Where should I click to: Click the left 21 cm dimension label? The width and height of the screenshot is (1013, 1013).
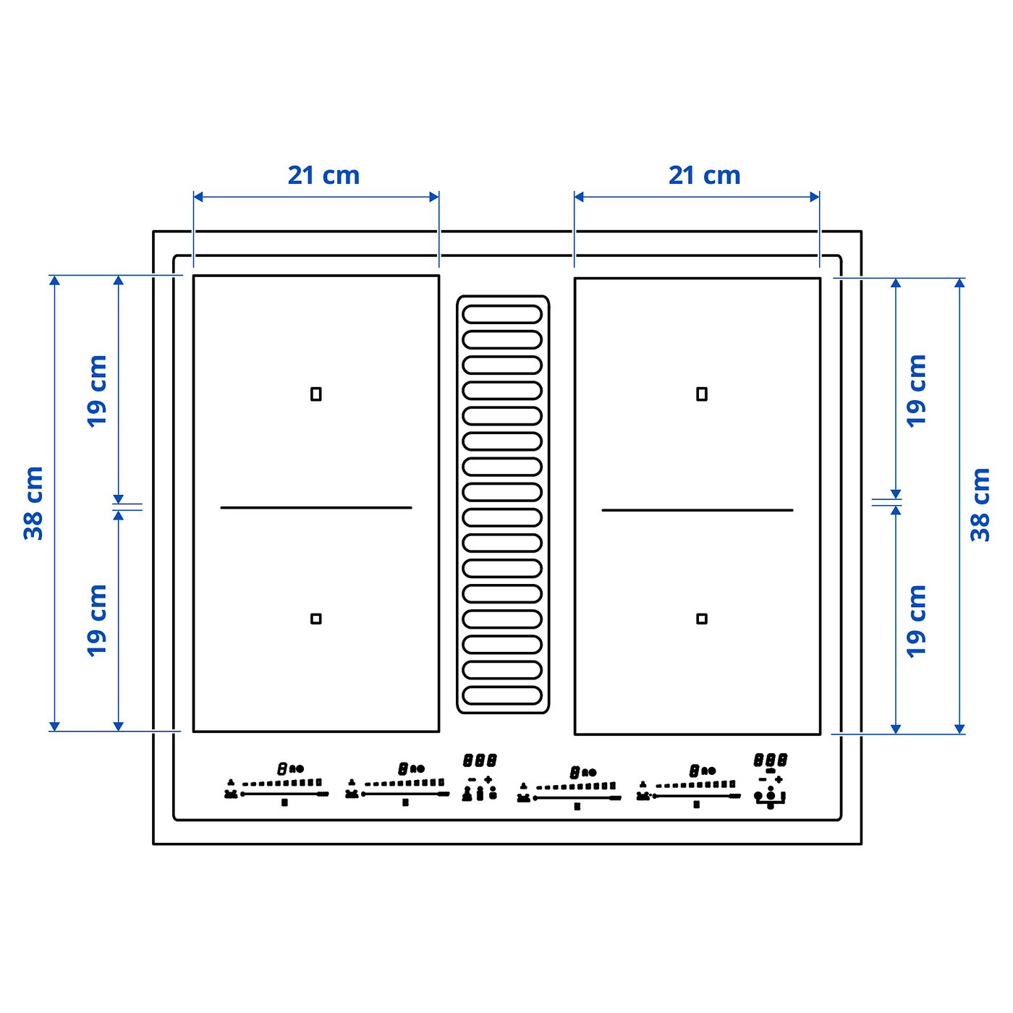pos(323,175)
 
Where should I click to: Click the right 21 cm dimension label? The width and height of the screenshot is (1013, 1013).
pos(704,175)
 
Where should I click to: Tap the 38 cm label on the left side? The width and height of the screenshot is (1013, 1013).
pos(34,503)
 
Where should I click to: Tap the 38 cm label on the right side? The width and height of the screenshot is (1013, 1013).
pos(980,504)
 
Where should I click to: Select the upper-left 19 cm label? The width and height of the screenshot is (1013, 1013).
pos(97,391)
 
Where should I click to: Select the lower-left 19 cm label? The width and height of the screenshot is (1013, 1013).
pos(97,620)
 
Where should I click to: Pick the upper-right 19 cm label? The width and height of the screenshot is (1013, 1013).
pos(917,391)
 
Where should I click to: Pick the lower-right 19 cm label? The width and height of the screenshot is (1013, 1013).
pos(917,621)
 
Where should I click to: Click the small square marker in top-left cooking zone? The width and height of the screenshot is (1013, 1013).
pos(315,394)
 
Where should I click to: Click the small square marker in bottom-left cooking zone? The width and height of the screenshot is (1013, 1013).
pos(315,619)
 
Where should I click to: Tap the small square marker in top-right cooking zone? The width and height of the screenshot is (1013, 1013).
pos(701,394)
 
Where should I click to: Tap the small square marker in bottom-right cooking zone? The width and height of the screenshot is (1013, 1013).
pos(701,619)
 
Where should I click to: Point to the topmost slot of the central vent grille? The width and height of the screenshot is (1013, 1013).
pos(502,314)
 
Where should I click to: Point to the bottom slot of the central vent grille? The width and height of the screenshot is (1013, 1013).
pos(502,695)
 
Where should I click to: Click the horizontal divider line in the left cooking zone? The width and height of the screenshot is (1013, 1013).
pos(315,508)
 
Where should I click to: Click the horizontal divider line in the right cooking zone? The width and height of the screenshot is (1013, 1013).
pos(697,510)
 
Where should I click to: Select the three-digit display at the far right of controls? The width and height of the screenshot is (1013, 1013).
pos(770,760)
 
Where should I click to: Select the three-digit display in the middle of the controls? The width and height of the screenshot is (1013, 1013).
pos(479,760)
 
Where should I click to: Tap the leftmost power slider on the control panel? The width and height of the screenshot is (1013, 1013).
pos(284,794)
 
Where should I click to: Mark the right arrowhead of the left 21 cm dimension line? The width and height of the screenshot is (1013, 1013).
pos(434,197)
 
